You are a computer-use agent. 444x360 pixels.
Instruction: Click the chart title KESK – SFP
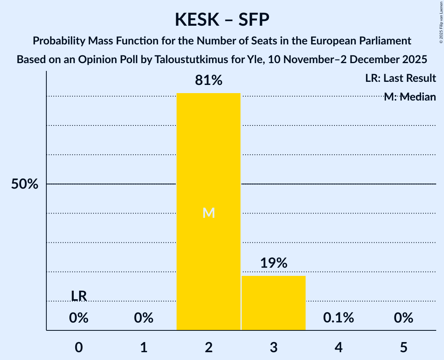[x=222, y=19]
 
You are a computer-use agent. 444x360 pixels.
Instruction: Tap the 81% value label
[x=209, y=81]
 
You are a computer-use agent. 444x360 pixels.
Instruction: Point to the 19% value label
[x=273, y=263]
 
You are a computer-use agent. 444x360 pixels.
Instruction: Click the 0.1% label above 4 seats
[x=338, y=318]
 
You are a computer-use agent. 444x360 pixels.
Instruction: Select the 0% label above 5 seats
[x=403, y=318]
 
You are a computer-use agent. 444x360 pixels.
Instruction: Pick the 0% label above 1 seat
[x=143, y=318]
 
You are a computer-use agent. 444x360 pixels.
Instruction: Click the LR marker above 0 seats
[x=79, y=296]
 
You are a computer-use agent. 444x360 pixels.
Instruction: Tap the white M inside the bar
[x=209, y=213]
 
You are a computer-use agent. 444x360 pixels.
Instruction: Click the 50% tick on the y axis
[x=25, y=184]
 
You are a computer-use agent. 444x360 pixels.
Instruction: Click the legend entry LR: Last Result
[x=400, y=78]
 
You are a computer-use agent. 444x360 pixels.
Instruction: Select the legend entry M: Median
[x=409, y=97]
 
